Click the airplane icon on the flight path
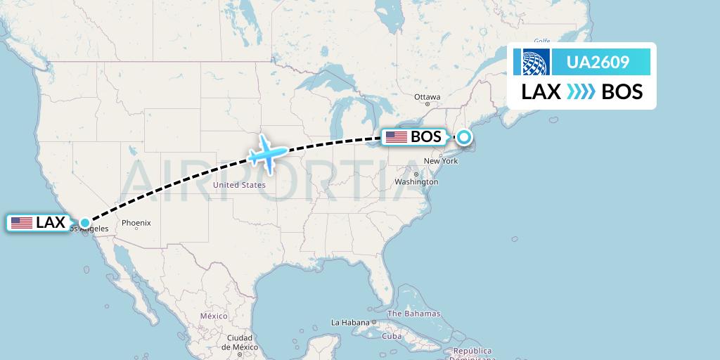pos(266,153)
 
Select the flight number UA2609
pos(598,63)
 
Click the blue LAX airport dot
pos(84,223)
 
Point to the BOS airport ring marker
pos(465,137)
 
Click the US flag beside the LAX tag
pos(22,223)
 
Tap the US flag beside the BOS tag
pos(397,137)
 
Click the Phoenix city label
pos(136,223)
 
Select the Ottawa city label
pos(427,97)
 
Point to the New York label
pos(441,161)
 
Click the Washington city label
pos(416,181)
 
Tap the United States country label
pos(239,185)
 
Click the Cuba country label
pos(391,336)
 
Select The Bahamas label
pos(413,314)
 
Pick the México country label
pos(214,316)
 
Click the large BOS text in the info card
pos(622,92)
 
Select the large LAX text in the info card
pos(541,92)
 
